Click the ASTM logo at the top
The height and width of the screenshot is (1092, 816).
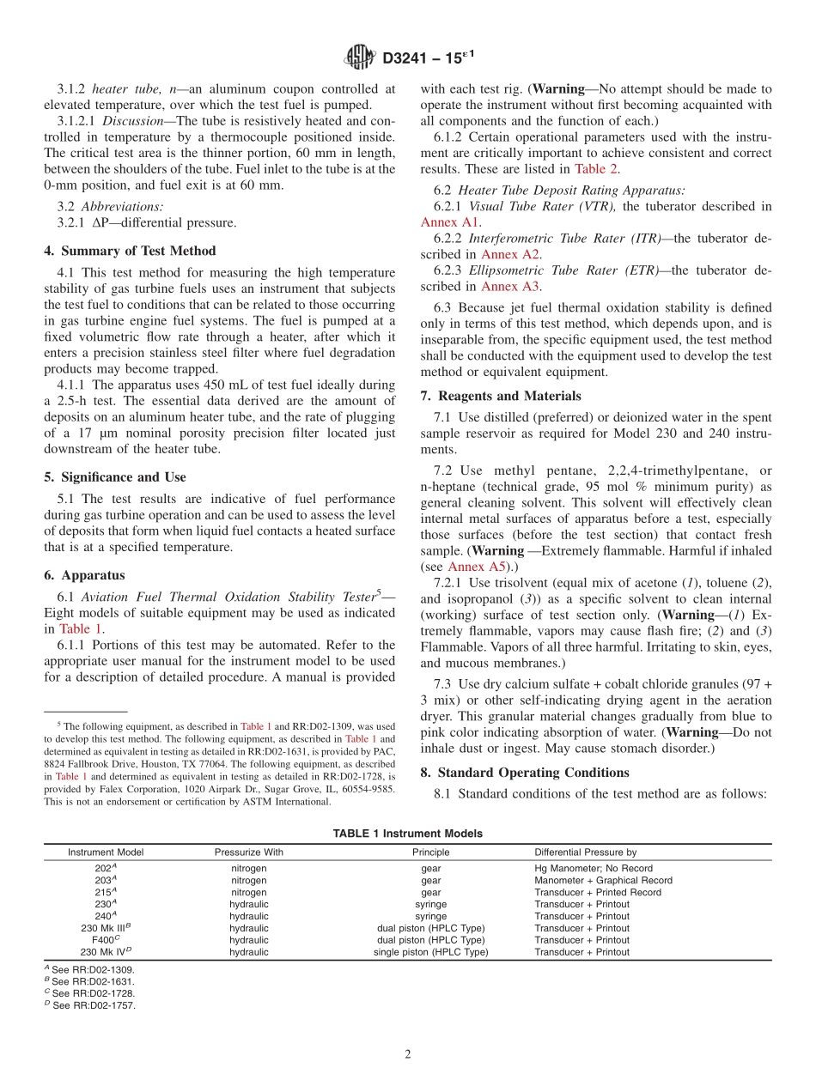click(359, 58)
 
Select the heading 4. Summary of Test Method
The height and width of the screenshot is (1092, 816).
click(130, 251)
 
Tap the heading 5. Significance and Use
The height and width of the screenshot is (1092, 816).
click(114, 476)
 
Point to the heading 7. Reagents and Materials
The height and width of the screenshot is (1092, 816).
click(500, 396)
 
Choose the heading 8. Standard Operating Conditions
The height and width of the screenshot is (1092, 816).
click(524, 772)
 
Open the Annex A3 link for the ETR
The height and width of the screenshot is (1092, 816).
click(510, 286)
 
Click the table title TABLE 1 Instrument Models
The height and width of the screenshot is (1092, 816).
click(407, 834)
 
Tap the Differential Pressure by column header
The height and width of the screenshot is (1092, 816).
click(585, 852)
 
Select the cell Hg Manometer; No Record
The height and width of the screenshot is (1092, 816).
click(593, 868)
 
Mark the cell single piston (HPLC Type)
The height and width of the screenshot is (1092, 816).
click(430, 952)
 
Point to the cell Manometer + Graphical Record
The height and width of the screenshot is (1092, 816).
click(603, 880)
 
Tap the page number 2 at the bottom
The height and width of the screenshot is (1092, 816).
click(408, 1054)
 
